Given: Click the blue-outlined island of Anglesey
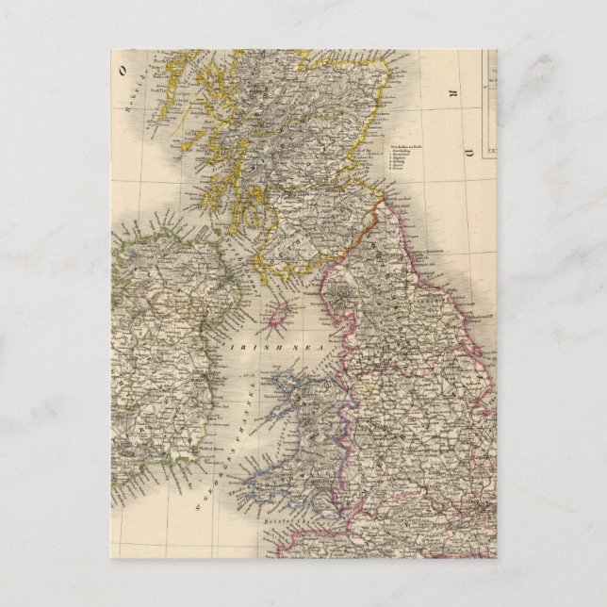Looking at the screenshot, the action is [x=283, y=386].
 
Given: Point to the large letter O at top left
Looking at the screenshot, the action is [x=122, y=70].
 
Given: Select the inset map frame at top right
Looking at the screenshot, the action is [x=489, y=104].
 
